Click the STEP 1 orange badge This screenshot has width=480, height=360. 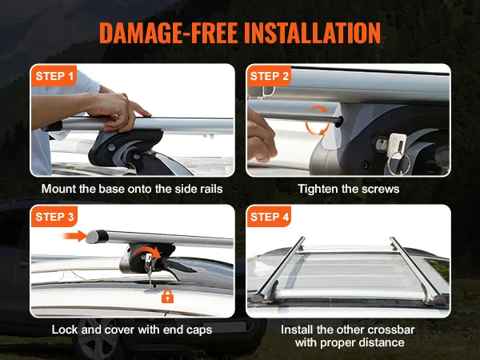pyautogui.click(x=54, y=76)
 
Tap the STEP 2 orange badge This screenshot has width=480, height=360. pyautogui.click(x=269, y=76)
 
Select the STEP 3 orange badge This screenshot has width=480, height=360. pyautogui.click(x=54, y=217)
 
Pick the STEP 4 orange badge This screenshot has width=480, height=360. pyautogui.click(x=269, y=217)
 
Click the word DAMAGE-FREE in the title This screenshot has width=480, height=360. pyautogui.click(x=168, y=33)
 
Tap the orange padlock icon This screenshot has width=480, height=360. pyautogui.click(x=167, y=296)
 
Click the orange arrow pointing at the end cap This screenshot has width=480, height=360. pyautogui.click(x=74, y=236)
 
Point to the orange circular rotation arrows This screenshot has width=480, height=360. pyautogui.click(x=318, y=120)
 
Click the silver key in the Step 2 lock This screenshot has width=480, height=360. pyautogui.click(x=396, y=145)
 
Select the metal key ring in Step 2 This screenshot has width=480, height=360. pyautogui.click(x=398, y=163)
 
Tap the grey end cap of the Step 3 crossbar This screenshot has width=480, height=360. pyautogui.click(x=97, y=237)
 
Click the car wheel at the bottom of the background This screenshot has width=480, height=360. pyautogui.click(x=98, y=339)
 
